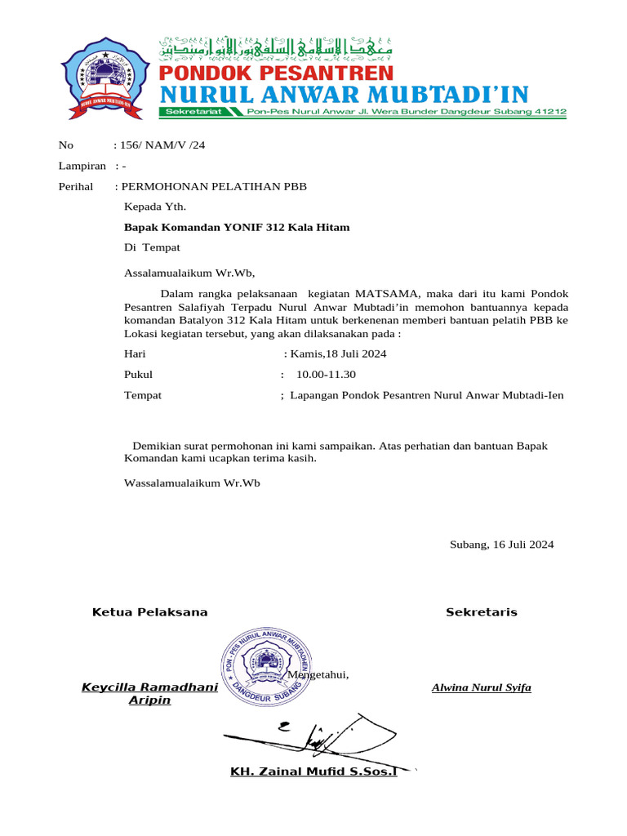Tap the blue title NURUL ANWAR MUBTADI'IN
tap(343, 94)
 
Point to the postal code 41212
tap(548, 112)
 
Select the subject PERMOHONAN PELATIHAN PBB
tap(214, 187)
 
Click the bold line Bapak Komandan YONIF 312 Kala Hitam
tap(236, 228)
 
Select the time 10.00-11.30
tap(326, 375)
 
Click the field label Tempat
tap(142, 395)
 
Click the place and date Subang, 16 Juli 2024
tap(501, 545)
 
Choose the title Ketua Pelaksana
tap(149, 612)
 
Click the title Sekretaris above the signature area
tap(481, 612)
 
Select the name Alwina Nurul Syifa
tap(481, 687)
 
